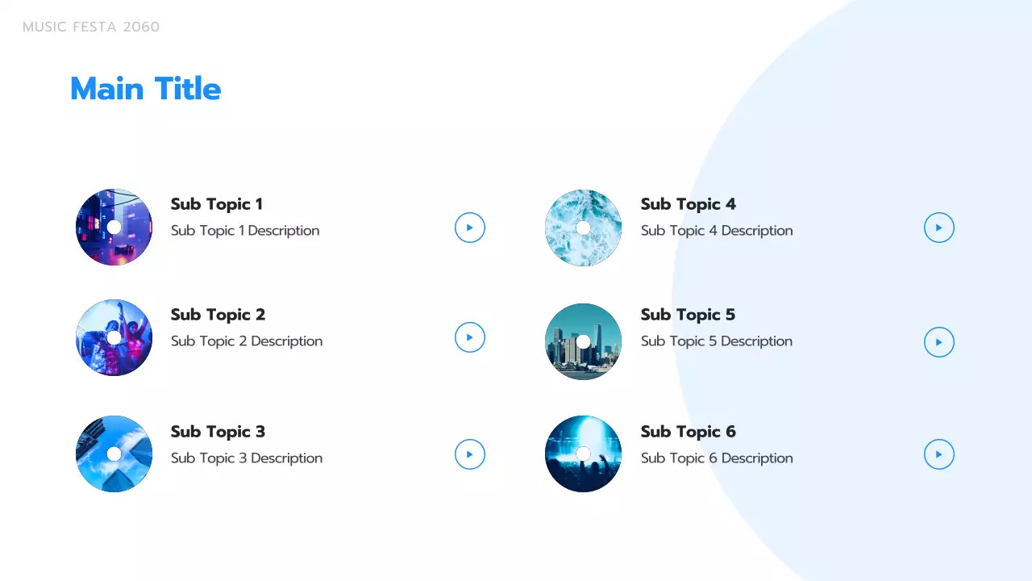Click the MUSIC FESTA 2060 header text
point(91,27)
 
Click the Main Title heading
point(145,89)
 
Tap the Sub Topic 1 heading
point(217,204)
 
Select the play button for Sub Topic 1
point(470,228)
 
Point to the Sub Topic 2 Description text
point(247,341)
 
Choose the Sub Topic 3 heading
point(218,432)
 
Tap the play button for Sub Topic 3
point(470,454)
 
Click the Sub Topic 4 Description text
point(717,231)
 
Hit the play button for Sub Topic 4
point(939,228)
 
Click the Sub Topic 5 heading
point(688,315)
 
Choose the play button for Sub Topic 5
point(939,342)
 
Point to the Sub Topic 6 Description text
point(717,458)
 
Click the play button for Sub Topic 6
point(939,454)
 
